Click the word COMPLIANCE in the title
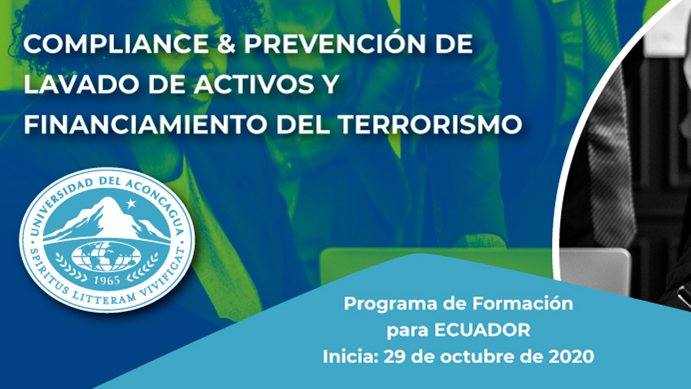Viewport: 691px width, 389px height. tap(116, 44)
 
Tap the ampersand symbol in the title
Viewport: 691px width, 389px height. tap(226, 44)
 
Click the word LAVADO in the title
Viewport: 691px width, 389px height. tap(82, 84)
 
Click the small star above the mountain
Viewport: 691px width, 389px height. tap(131, 203)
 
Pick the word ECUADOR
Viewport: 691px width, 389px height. tap(482, 330)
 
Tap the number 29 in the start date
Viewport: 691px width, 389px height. tap(394, 356)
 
